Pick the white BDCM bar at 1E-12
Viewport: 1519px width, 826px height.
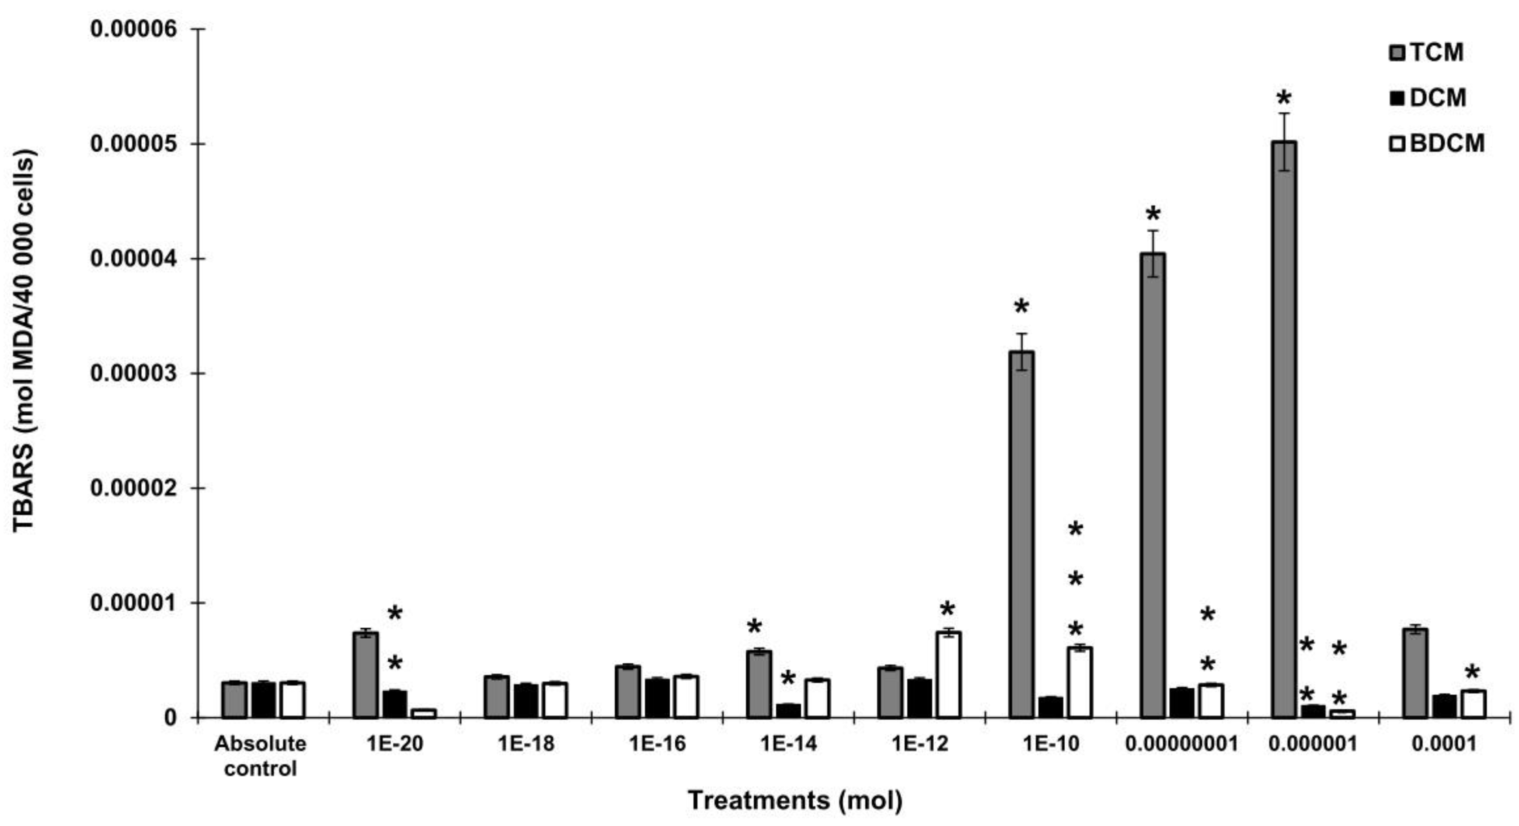tap(949, 674)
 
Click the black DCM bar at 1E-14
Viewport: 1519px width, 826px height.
tap(788, 710)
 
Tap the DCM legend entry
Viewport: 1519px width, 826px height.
tap(1427, 98)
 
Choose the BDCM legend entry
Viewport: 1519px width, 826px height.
tap(1436, 143)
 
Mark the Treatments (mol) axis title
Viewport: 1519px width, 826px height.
tap(795, 801)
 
